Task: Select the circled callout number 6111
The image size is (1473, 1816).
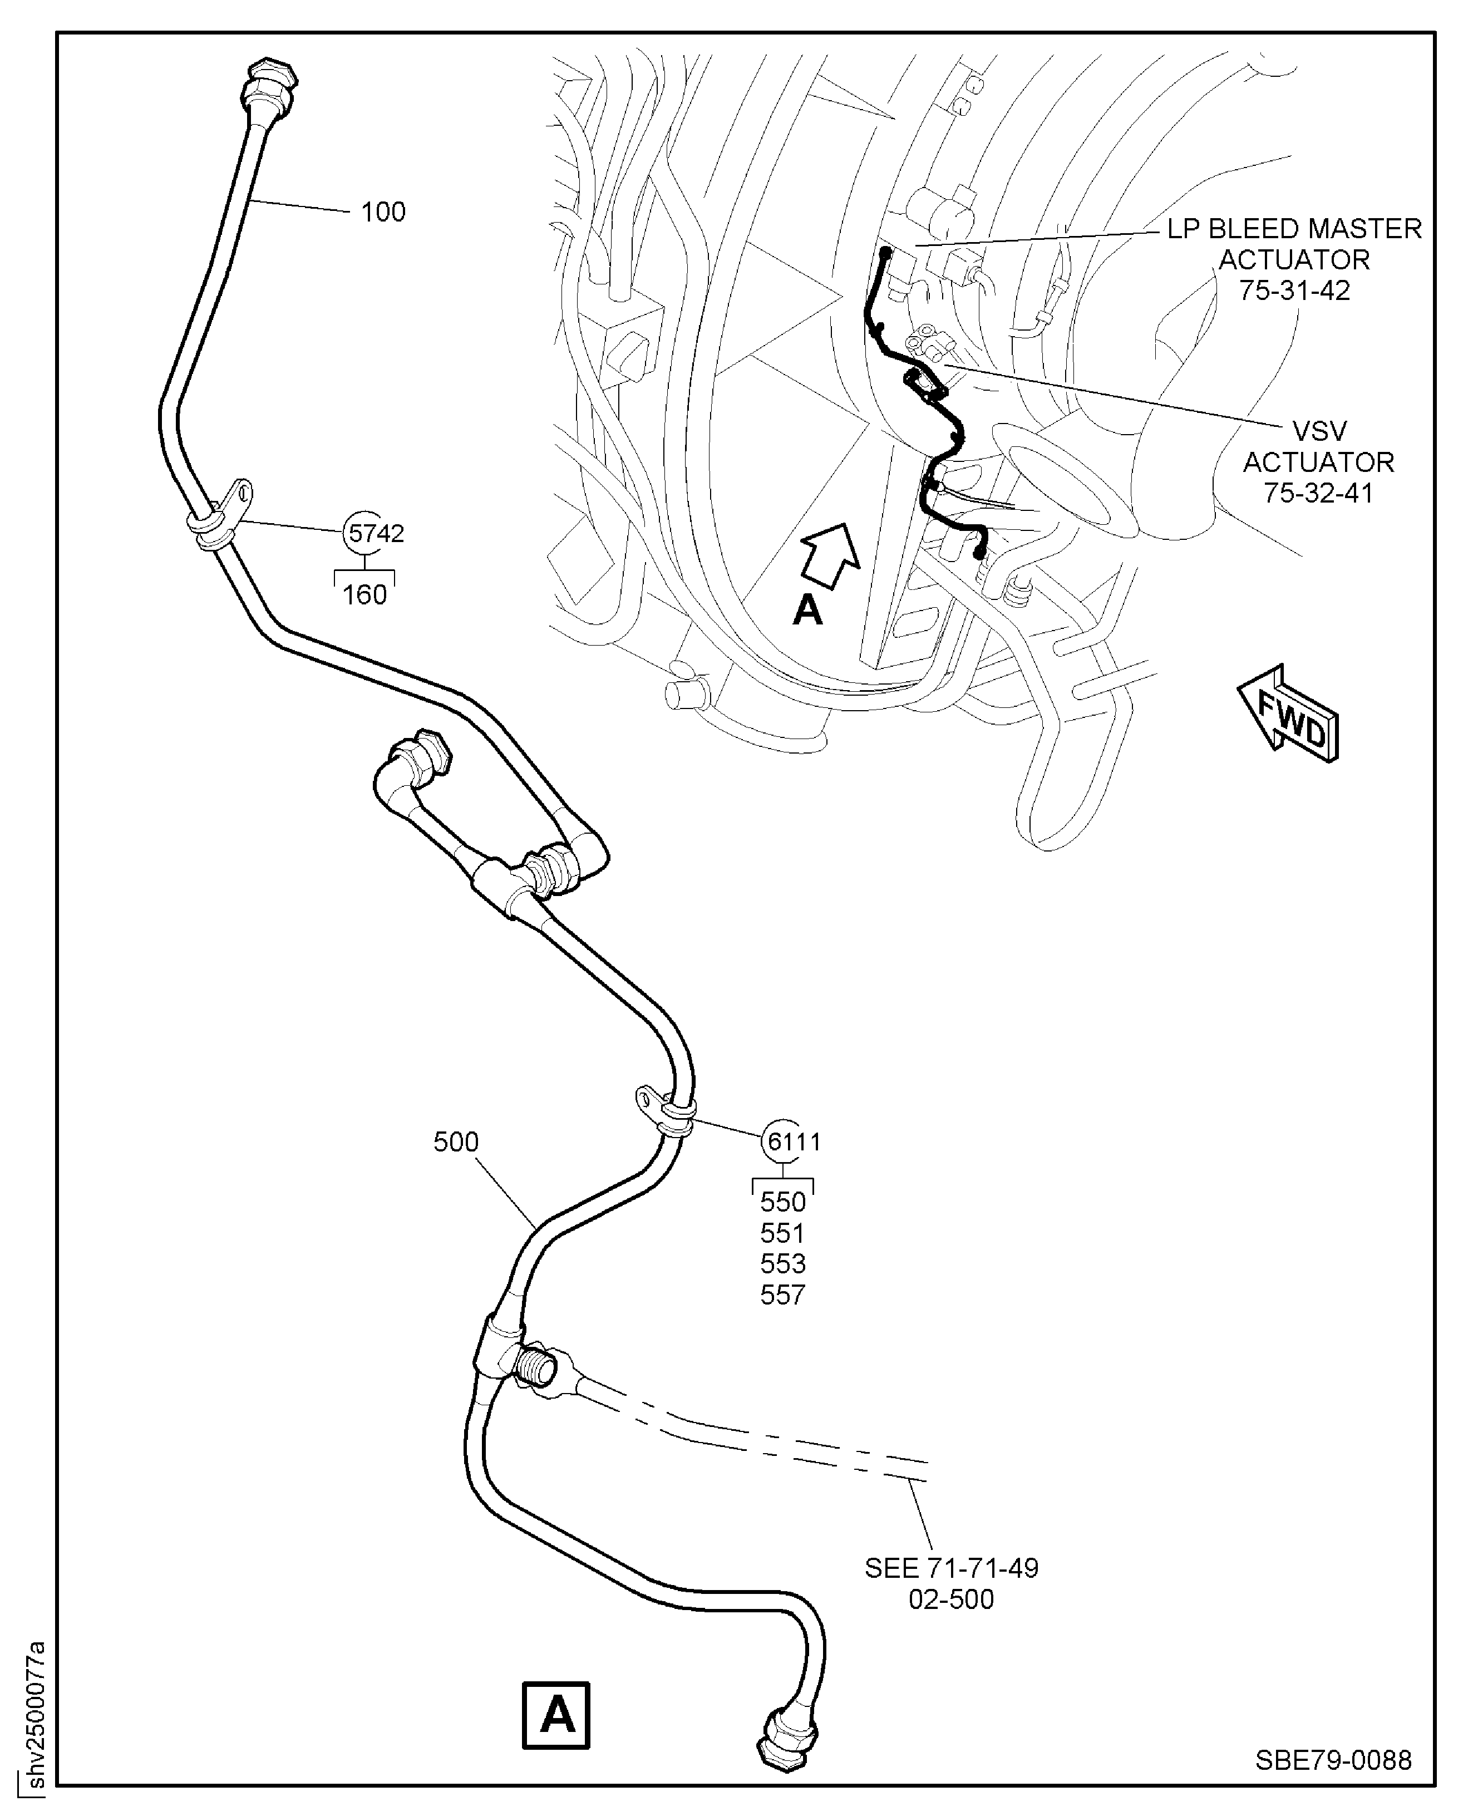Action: [x=792, y=1141]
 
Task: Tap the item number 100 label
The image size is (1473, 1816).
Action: [x=383, y=211]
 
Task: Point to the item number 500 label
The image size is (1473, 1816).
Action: [x=456, y=1141]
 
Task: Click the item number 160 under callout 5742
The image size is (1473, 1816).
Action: [x=365, y=595]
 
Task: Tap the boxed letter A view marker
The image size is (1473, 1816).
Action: [x=556, y=1715]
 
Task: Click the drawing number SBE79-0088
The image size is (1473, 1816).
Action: [x=1333, y=1760]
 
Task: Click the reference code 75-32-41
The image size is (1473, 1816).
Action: [x=1318, y=493]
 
